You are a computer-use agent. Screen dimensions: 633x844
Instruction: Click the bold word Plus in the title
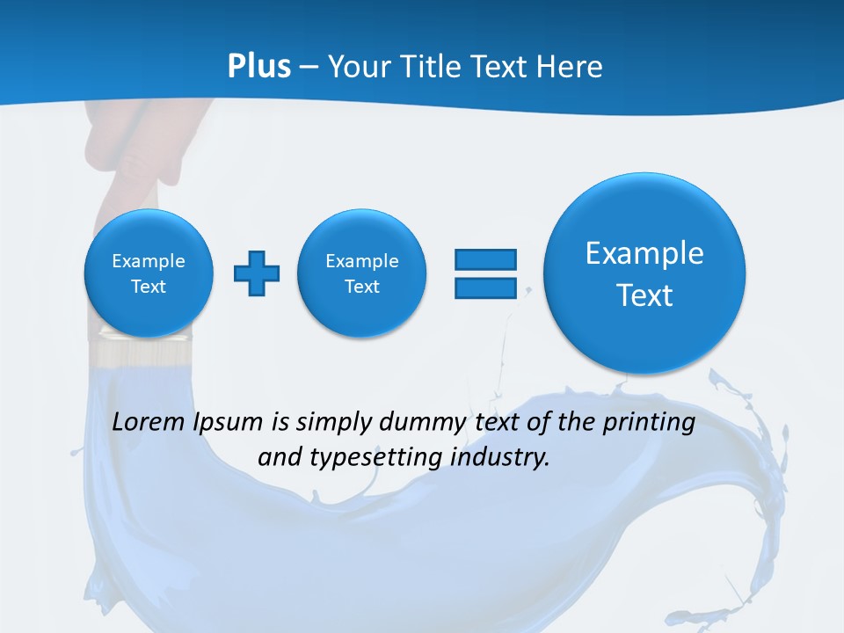[259, 67]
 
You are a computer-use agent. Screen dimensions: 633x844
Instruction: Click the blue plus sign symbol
[257, 273]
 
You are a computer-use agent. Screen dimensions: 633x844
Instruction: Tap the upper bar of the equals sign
[485, 259]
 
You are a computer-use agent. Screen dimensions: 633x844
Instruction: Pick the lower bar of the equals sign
[485, 287]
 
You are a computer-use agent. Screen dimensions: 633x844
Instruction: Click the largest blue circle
[644, 273]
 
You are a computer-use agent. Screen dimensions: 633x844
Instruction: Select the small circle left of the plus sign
[149, 273]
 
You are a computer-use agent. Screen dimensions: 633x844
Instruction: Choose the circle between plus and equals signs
[361, 273]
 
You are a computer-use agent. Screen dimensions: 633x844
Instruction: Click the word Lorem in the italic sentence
[149, 422]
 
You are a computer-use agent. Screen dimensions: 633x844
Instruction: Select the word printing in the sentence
[651, 423]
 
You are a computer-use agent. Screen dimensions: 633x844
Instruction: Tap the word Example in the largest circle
[644, 253]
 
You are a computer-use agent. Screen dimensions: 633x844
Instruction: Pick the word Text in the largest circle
[644, 295]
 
